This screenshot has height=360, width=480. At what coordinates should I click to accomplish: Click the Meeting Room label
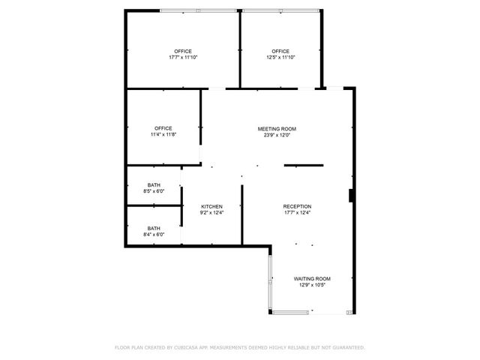click(277, 129)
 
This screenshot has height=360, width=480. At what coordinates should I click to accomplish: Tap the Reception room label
click(297, 206)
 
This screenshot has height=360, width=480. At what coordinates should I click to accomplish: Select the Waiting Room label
click(312, 278)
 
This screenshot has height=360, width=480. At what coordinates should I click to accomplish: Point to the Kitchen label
click(211, 206)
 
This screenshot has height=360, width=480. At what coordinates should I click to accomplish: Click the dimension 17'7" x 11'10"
click(183, 58)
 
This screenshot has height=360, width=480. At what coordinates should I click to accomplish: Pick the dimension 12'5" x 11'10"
click(280, 58)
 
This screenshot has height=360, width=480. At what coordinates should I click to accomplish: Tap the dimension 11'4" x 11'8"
click(163, 135)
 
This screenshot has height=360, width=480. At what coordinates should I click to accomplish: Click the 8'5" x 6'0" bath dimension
click(154, 191)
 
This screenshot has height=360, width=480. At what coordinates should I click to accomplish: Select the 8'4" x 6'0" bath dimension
click(154, 235)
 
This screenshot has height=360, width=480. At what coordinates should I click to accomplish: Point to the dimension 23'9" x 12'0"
click(277, 136)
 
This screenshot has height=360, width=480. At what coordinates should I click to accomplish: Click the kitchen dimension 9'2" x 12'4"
click(211, 212)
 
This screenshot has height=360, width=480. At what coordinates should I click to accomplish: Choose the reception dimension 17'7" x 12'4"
click(297, 212)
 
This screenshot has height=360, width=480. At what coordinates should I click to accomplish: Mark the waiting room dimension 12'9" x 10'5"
click(312, 285)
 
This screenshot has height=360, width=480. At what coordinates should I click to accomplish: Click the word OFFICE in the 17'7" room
click(183, 51)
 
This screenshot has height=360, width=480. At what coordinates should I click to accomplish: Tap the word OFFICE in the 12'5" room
click(280, 51)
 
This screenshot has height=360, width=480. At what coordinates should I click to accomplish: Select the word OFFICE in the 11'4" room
click(163, 128)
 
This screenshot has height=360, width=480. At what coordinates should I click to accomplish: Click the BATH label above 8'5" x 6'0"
click(154, 184)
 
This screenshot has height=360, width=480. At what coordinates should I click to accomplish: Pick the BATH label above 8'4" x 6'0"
click(154, 228)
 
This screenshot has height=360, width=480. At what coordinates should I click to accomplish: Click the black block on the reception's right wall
click(351, 196)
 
